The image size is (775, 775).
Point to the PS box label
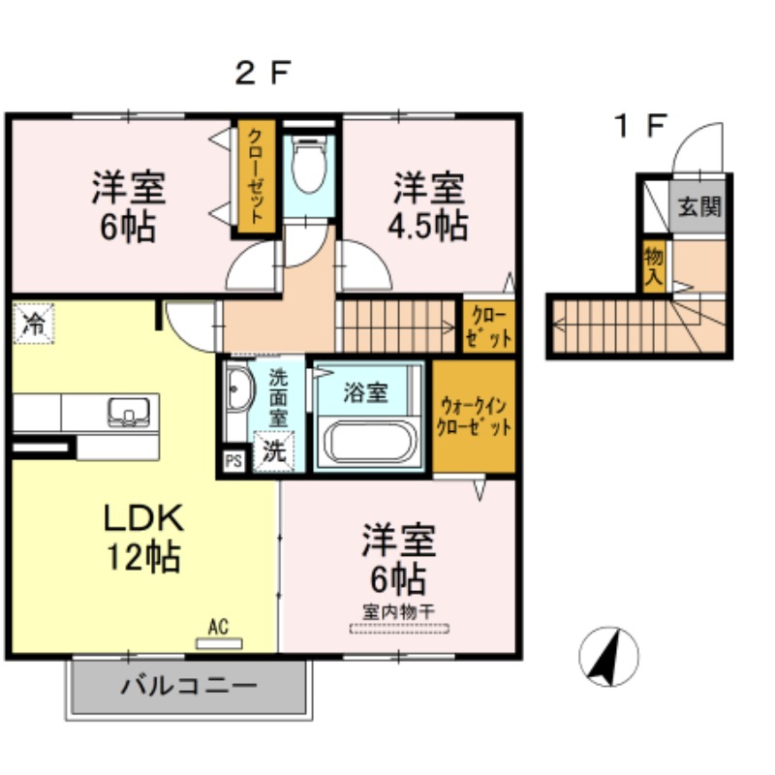coord(232,461)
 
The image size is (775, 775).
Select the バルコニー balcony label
coord(189,687)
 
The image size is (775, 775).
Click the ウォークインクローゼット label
coord(473,417)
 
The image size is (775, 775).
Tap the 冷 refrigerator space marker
coord(34,324)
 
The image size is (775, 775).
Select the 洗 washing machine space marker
coord(274,451)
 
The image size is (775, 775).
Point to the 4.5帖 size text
coord(427,227)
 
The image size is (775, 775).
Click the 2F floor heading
coord(263,73)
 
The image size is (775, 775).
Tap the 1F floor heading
coord(640,125)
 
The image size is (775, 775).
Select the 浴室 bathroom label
coord(366,392)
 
